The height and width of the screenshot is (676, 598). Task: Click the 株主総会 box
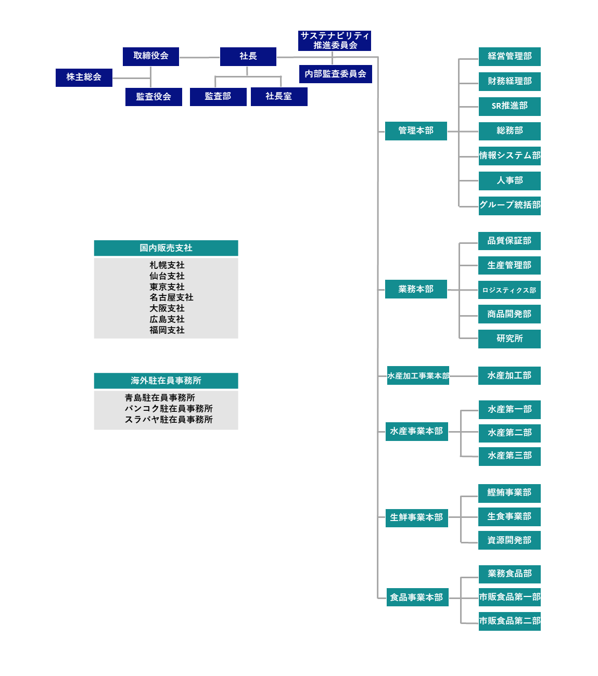tap(84, 77)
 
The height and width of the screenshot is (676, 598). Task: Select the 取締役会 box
tap(151, 56)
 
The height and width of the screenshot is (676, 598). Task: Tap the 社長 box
tap(248, 56)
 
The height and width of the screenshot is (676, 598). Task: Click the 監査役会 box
tap(154, 97)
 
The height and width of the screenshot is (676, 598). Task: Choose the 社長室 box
tap(279, 97)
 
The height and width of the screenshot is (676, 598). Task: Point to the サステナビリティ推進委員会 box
tap(335, 41)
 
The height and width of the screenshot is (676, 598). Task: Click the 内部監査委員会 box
tap(336, 74)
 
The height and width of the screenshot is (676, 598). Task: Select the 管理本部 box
tap(416, 131)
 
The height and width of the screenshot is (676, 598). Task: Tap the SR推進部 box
tap(510, 106)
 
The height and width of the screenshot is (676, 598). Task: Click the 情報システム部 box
tap(510, 155)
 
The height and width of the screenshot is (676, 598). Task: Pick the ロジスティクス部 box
tap(510, 290)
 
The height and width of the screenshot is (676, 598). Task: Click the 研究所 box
tap(510, 339)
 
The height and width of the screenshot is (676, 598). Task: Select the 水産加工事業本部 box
tap(418, 375)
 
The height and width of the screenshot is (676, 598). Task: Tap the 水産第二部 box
tap(510, 433)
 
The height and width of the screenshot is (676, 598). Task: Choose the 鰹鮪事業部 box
tap(510, 492)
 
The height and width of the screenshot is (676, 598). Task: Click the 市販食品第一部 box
tap(510, 597)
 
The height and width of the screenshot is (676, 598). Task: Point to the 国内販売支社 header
tap(166, 248)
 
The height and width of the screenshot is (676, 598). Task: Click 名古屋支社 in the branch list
tap(171, 297)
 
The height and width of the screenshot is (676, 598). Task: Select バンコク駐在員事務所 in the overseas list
tap(169, 409)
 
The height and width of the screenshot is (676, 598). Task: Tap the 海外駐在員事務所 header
tap(166, 381)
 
